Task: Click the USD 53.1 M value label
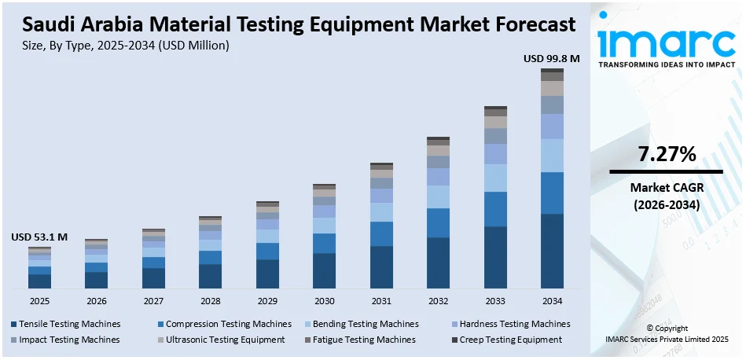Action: [x=39, y=237]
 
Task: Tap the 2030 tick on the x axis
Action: [x=324, y=301]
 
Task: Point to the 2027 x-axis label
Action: [x=153, y=301]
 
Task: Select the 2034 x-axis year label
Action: [x=552, y=301]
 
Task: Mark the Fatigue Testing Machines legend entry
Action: [x=362, y=340]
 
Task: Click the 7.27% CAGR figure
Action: [x=667, y=155]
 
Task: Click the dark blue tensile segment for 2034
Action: [x=552, y=251]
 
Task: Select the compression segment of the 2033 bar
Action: [x=495, y=209]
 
